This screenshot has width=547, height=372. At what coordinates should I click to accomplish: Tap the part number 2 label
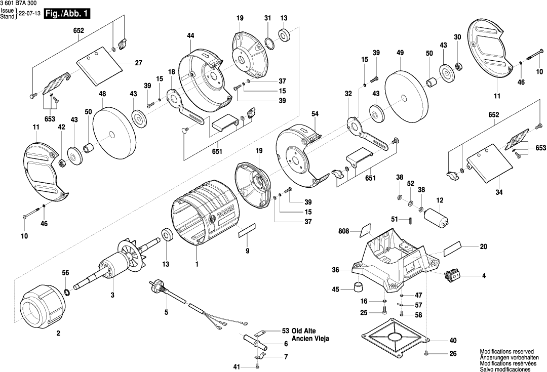[x=58, y=333]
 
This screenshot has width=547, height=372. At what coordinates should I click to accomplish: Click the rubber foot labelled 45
[x=359, y=288]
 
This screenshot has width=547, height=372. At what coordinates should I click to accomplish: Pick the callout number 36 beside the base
[x=335, y=270]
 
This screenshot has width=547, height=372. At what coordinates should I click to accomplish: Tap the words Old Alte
[x=303, y=331]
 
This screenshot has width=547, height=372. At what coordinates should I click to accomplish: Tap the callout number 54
[x=315, y=114]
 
